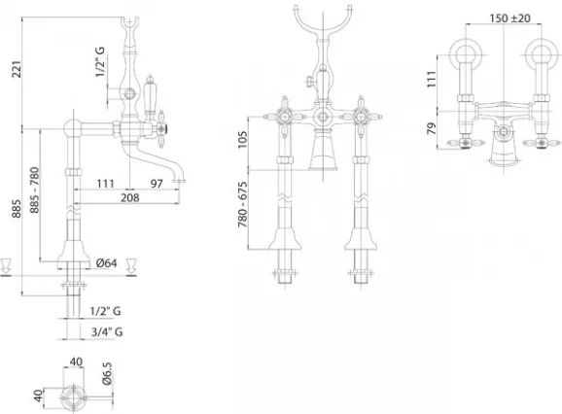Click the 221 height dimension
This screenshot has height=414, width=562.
[17, 69]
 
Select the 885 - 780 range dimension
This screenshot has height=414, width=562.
[34, 190]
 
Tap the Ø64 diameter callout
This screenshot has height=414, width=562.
[106, 263]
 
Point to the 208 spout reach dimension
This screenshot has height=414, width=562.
[129, 197]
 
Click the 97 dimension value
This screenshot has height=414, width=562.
[157, 184]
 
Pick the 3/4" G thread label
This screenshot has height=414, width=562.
[107, 332]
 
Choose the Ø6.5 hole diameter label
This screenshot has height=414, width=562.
[107, 373]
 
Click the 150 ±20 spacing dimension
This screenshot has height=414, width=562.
[510, 17]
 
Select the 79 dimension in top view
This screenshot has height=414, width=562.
[433, 128]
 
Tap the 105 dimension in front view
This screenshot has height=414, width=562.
[243, 139]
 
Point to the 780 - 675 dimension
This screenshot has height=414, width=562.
[243, 205]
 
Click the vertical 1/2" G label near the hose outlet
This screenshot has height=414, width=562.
[100, 61]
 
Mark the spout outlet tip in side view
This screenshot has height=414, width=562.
[179, 181]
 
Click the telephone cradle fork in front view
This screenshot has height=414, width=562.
[323, 18]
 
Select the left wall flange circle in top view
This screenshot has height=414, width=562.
[466, 54]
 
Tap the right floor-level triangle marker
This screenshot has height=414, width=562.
[131, 267]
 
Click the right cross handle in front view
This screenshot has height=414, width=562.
[360, 117]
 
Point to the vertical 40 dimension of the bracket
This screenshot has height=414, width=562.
[38, 396]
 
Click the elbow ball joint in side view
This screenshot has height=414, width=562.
[73, 128]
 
